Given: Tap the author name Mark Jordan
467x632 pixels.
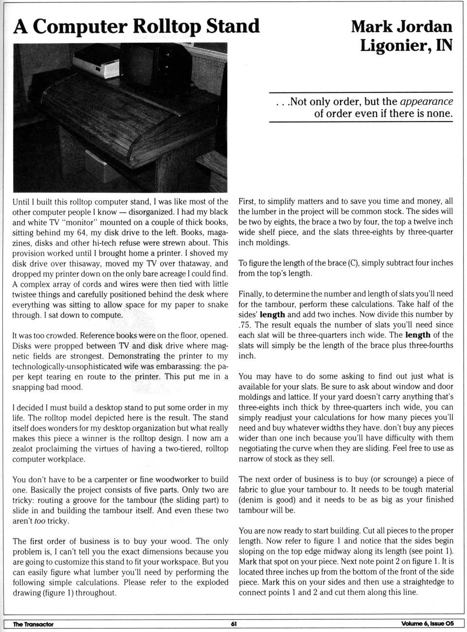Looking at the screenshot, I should point(401,26).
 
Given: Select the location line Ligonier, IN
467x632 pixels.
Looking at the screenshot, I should point(406,46).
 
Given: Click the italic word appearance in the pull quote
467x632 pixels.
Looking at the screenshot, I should point(426,102).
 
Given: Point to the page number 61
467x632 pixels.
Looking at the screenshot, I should point(233,624).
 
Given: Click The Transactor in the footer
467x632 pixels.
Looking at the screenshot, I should point(33,624).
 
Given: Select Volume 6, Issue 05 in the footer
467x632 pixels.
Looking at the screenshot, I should point(428,624).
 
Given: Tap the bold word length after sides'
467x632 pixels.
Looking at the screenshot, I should point(272,315).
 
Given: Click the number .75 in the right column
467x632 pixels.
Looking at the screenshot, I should point(245,325).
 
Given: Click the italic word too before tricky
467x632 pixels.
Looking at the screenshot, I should point(40,521).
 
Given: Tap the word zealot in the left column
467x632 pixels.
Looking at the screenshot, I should point(24,449).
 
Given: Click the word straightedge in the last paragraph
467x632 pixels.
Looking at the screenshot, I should point(419,582).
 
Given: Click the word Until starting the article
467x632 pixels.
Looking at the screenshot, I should point(21,202).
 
